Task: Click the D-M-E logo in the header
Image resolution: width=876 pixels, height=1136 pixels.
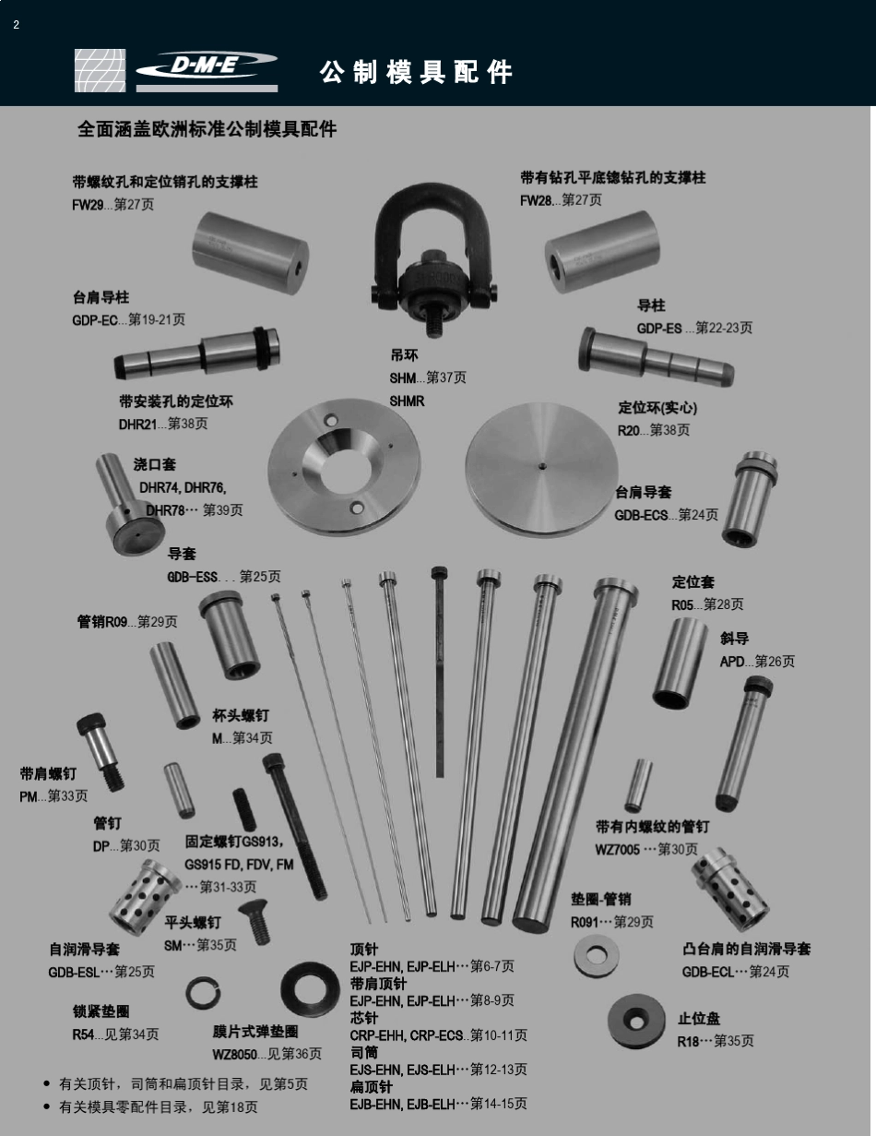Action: pos(207,66)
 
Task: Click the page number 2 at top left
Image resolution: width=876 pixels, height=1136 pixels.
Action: pos(16,25)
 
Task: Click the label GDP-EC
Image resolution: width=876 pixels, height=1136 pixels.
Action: pos(95,320)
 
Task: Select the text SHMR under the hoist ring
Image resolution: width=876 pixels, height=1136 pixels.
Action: pos(407,401)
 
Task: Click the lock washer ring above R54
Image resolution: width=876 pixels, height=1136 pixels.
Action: pos(204,994)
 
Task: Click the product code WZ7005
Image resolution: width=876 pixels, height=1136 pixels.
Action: pos(617,849)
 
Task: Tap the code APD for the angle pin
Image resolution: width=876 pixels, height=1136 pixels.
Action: pos(734,662)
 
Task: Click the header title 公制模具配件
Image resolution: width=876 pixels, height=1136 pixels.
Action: pos(416,72)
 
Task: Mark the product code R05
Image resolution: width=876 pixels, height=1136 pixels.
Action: pos(682,604)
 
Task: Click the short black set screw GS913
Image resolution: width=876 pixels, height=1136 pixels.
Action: pos(245,809)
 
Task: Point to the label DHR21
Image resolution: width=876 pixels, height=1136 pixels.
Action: pos(136,425)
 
